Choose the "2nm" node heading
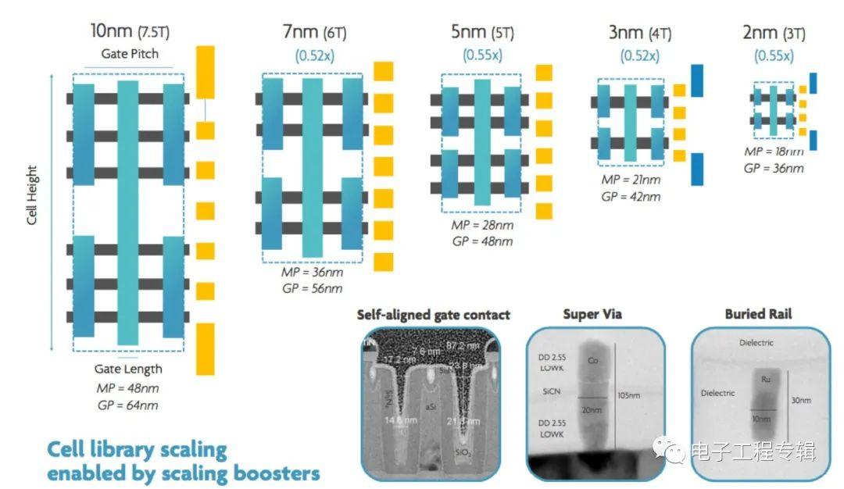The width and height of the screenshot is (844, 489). point(760,33)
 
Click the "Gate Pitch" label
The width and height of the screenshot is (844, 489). point(130,54)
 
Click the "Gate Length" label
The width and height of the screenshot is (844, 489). point(128,369)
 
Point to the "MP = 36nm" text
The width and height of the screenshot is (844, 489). point(312,273)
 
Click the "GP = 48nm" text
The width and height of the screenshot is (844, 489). point(482,241)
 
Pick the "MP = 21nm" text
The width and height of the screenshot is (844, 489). point(631,180)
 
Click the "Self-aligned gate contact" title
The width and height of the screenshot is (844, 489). point(434,315)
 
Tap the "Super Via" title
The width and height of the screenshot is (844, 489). point(592,314)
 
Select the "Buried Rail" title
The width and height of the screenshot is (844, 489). point(759,314)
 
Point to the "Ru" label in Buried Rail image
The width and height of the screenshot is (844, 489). point(767,379)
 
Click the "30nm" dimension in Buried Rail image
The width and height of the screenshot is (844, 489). point(800,400)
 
